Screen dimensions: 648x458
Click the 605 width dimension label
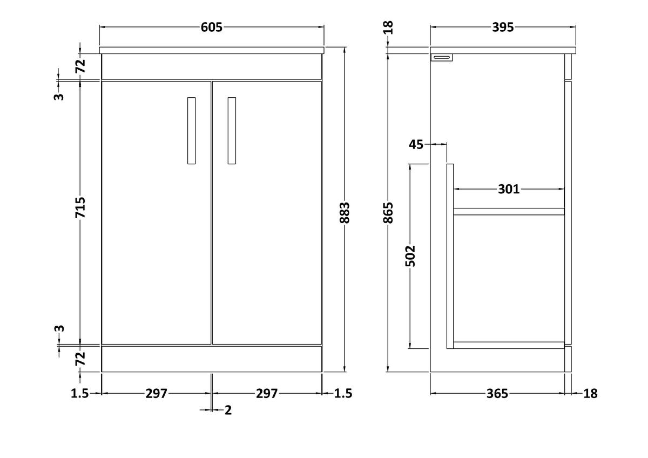(x=212, y=27)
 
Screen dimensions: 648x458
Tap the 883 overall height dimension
(x=345, y=213)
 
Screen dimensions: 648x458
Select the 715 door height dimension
(x=80, y=207)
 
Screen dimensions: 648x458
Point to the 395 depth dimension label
(x=503, y=27)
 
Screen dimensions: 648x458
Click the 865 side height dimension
(x=388, y=213)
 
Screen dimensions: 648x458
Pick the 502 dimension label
(x=410, y=256)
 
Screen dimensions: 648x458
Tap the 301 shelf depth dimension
(x=509, y=189)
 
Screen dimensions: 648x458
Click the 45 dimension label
(x=416, y=144)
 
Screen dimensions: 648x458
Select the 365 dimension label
(x=497, y=394)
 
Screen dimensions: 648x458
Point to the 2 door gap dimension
(x=228, y=410)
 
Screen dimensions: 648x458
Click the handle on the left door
(x=191, y=131)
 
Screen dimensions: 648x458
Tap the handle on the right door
(x=232, y=131)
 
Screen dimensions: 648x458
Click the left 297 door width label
(x=156, y=394)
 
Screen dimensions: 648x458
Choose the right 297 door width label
(x=267, y=394)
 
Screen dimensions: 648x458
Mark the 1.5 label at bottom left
(x=80, y=394)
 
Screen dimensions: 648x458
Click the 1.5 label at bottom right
(x=343, y=394)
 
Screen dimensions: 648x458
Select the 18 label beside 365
(x=590, y=394)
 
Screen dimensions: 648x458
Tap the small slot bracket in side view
(x=442, y=58)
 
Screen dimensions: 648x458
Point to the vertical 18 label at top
(x=388, y=28)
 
